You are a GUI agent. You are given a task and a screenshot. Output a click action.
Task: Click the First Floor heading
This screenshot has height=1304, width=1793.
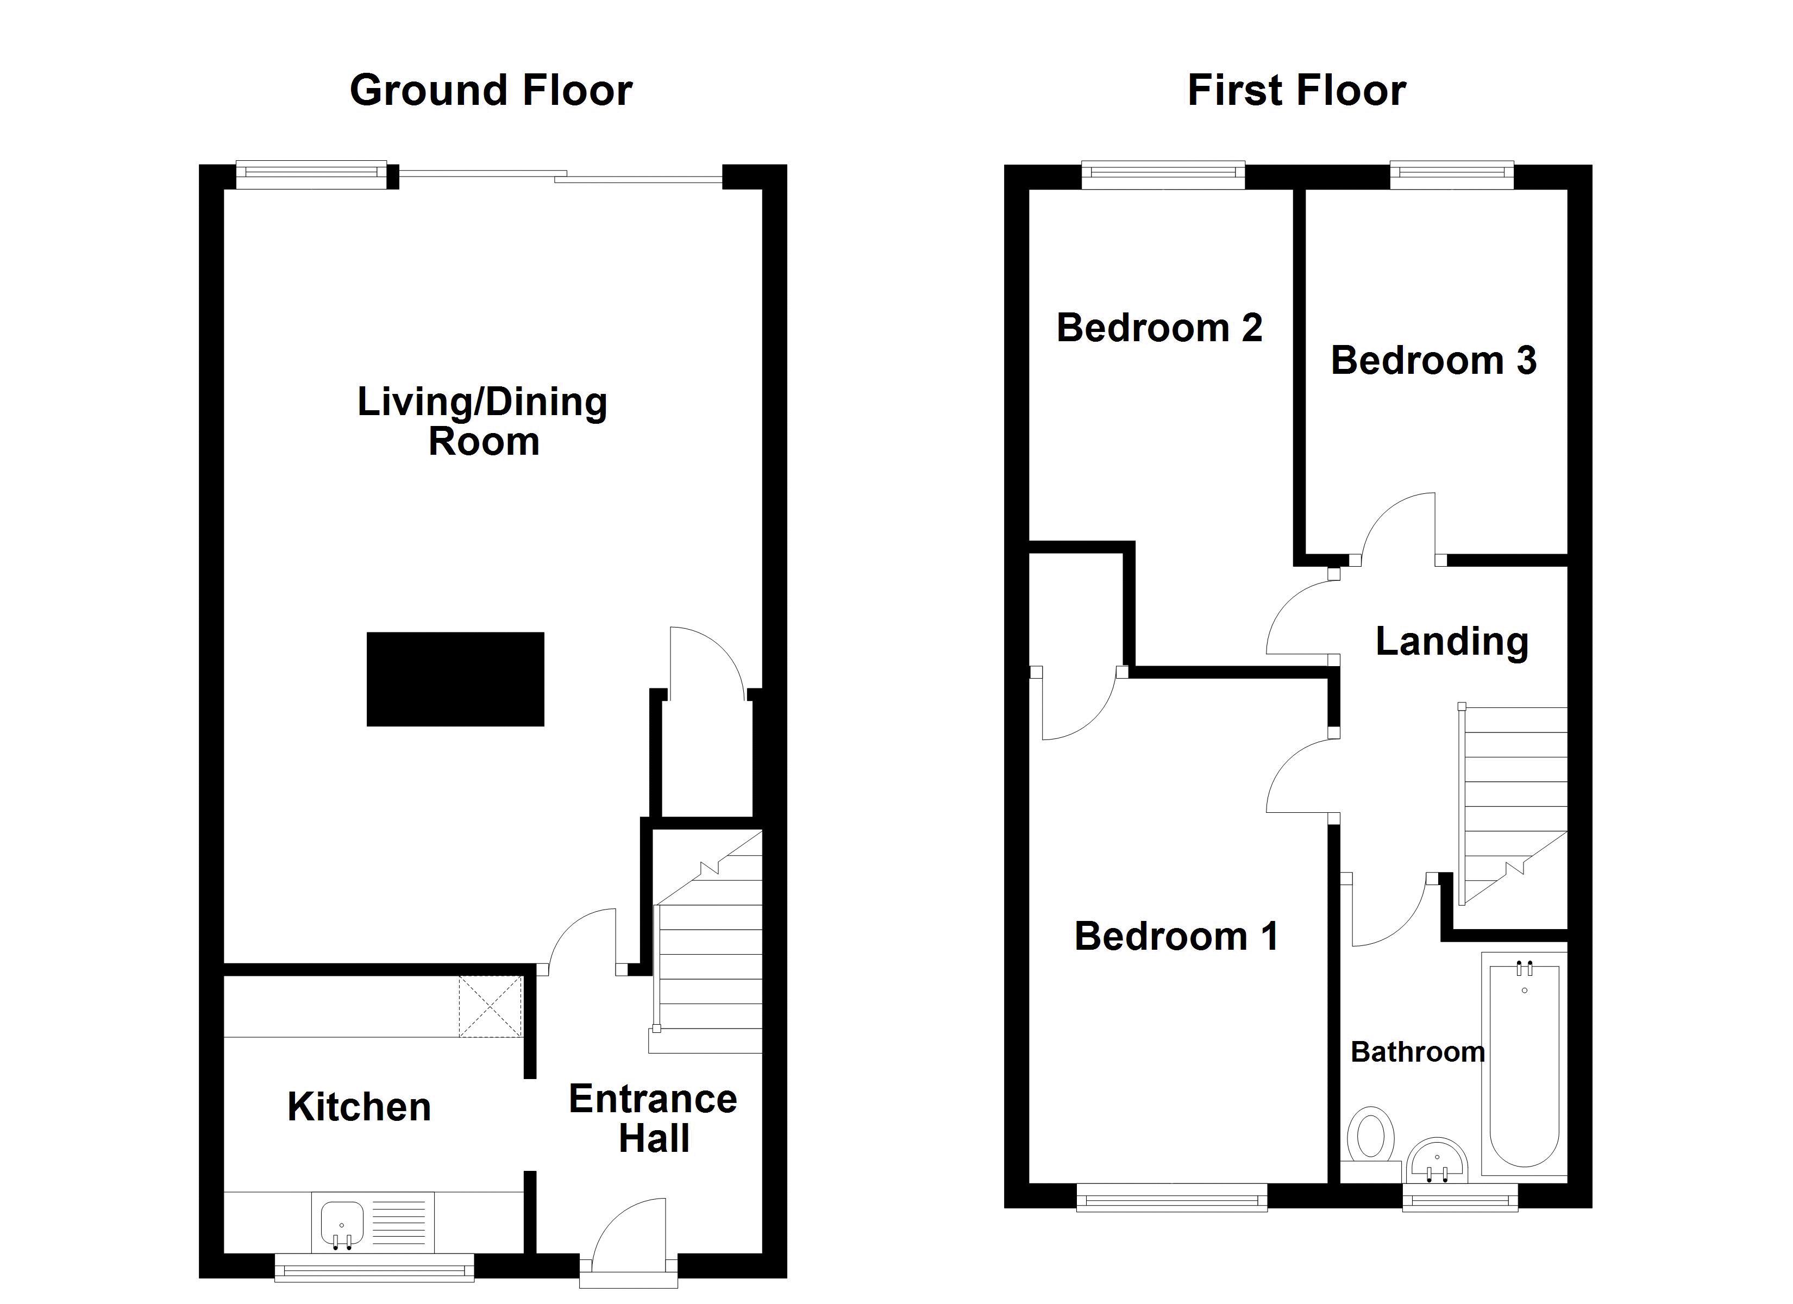(1296, 90)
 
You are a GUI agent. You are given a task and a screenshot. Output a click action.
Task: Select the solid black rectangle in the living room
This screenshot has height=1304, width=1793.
(455, 679)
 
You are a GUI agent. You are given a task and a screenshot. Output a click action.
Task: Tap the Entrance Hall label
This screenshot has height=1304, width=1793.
(653, 1118)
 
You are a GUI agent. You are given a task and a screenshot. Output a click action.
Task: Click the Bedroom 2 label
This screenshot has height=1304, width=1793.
(1159, 328)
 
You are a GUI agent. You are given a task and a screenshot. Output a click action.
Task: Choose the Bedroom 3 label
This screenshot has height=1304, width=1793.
(1433, 361)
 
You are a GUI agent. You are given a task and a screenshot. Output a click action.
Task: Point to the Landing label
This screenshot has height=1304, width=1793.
(1451, 641)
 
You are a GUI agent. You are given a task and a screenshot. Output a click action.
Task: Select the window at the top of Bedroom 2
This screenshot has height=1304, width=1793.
(1162, 175)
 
